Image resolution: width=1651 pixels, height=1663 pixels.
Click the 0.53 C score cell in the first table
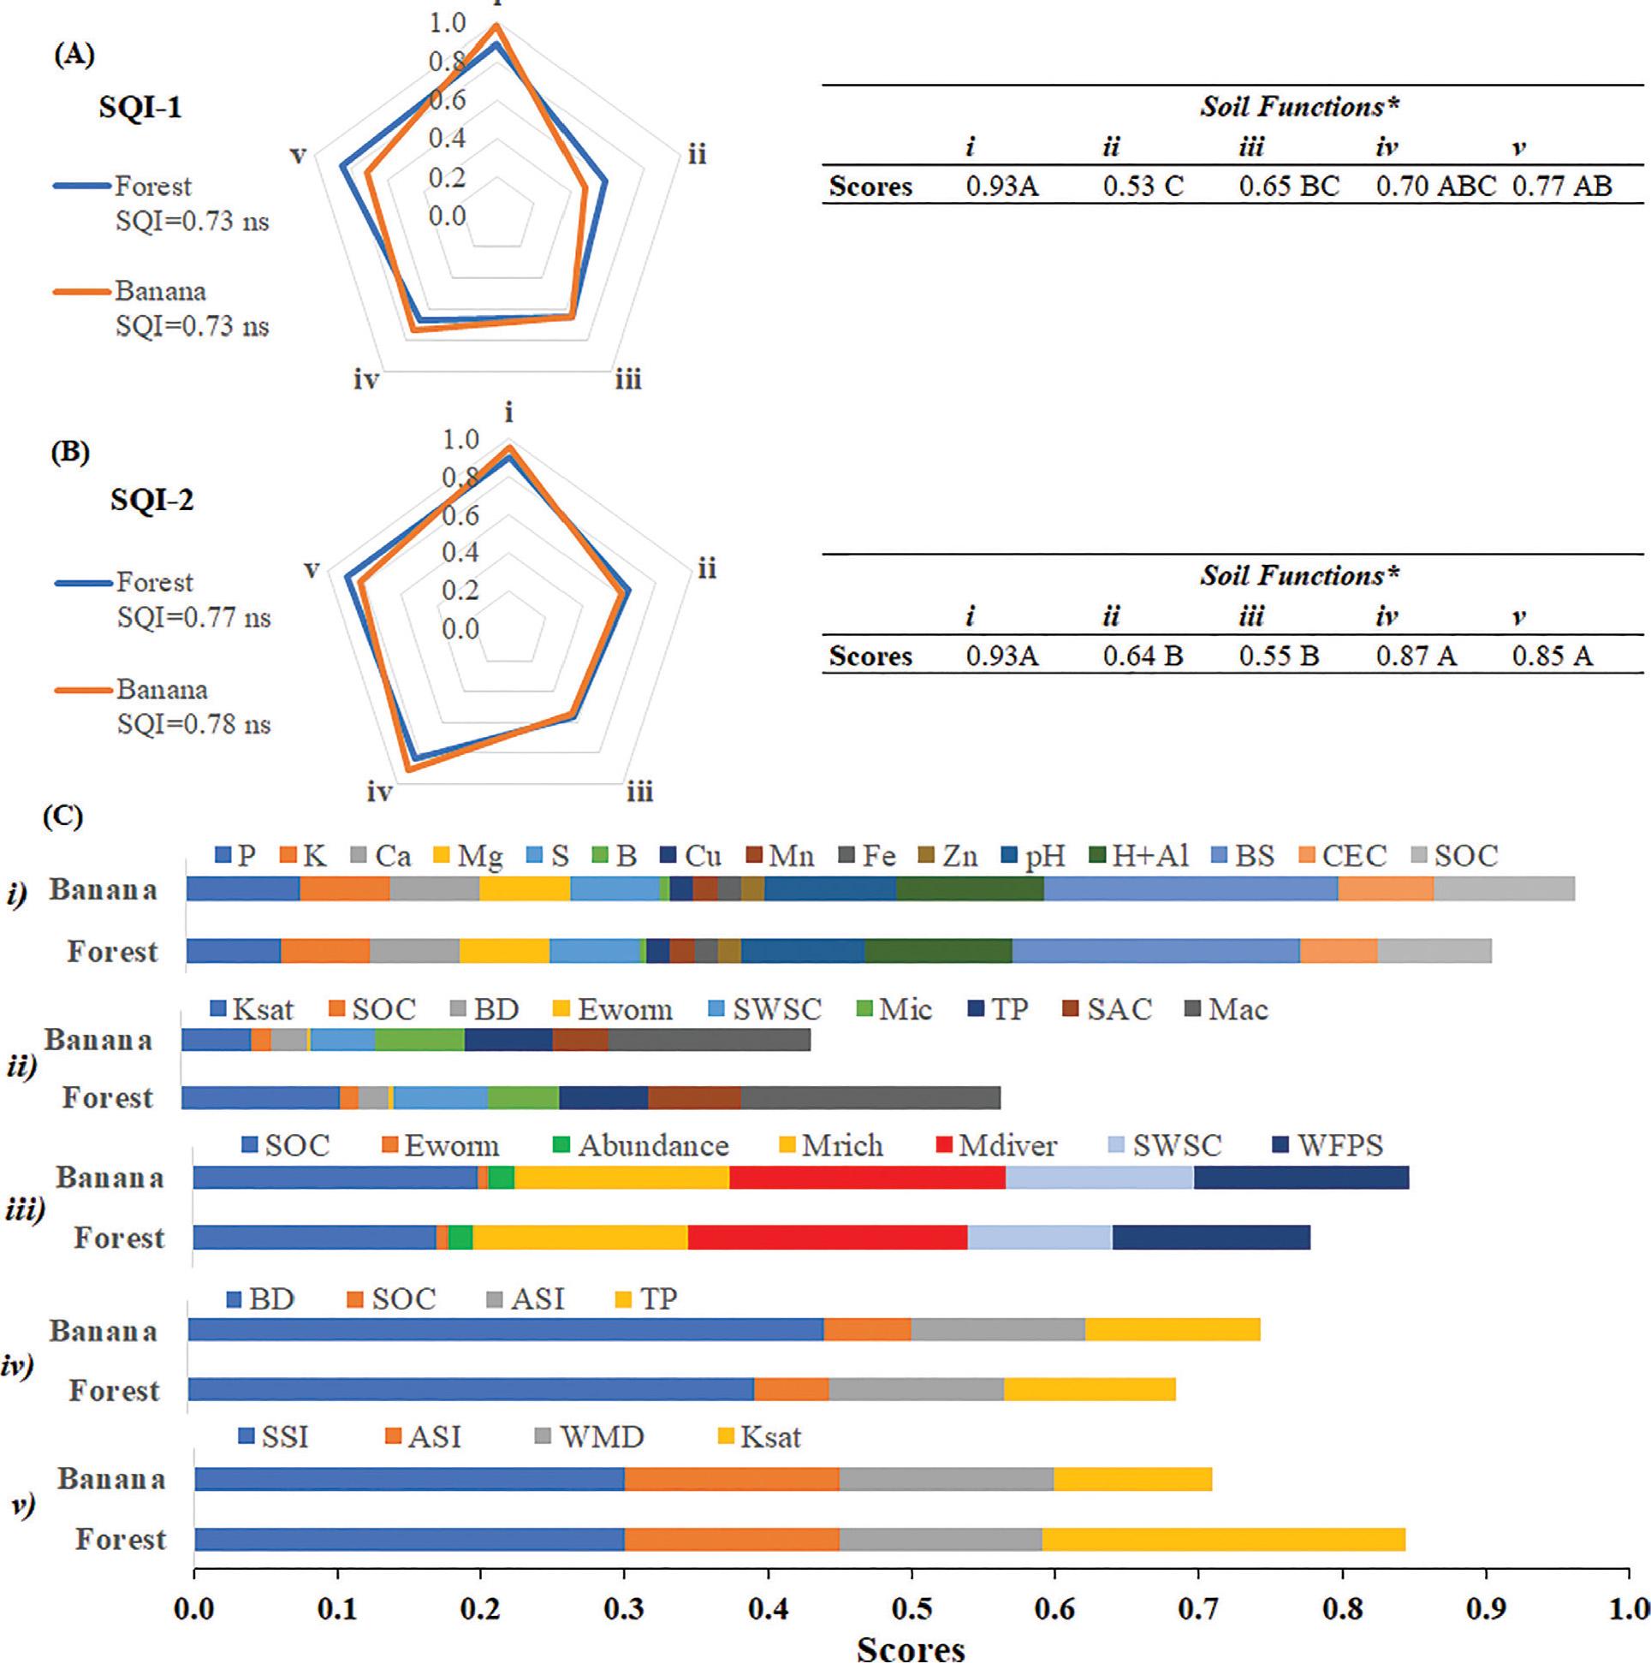point(1143,186)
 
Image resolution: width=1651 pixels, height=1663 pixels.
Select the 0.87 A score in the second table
point(1415,656)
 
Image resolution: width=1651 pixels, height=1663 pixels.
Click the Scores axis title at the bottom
point(911,1648)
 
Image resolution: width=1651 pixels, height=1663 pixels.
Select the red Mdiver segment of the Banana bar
point(867,1178)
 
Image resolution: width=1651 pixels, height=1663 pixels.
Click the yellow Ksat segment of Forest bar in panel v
point(1222,1539)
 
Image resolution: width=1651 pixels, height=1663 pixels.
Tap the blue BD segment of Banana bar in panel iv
point(505,1330)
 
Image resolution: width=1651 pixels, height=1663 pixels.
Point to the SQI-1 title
point(140,109)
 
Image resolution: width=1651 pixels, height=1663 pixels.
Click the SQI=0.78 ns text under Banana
point(193,725)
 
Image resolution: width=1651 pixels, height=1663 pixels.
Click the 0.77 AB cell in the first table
point(1561,186)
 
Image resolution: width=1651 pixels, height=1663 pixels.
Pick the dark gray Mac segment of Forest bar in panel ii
point(870,1098)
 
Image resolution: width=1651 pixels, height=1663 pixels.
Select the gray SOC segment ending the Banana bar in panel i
point(1503,889)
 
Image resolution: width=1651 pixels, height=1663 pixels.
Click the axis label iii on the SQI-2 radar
point(639,791)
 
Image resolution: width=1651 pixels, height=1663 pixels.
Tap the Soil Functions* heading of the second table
point(1299,575)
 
